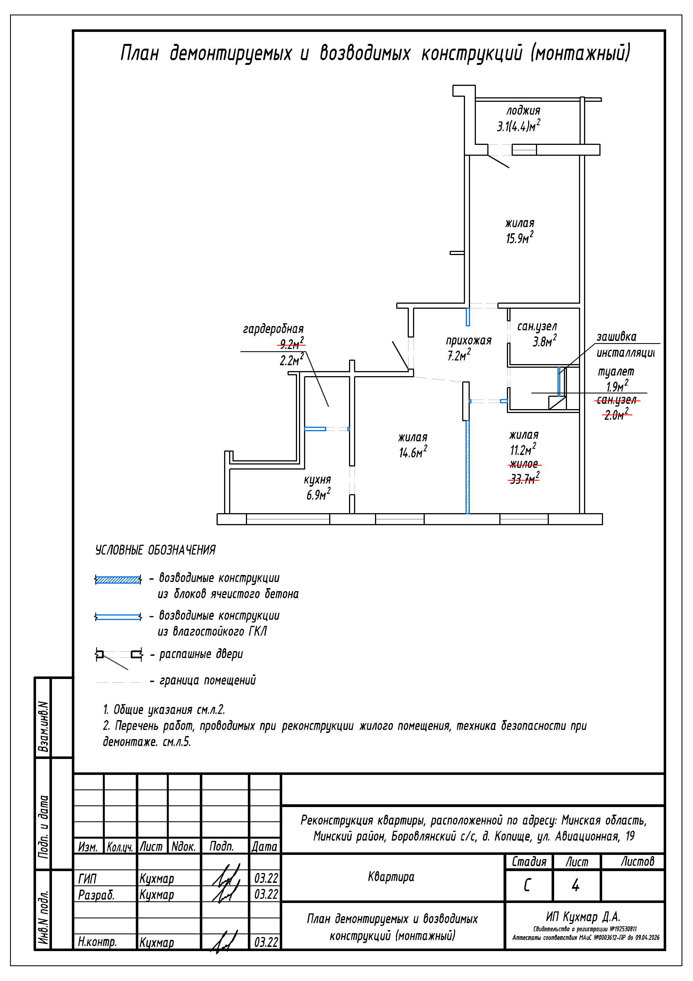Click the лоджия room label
point(523,111)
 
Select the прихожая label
point(468,341)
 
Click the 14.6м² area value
point(413,452)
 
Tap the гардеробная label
point(273,329)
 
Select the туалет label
point(616,372)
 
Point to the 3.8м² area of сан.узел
point(544,342)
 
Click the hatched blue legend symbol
point(118,580)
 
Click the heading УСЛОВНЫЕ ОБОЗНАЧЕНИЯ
point(155,550)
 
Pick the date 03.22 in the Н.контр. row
point(266,942)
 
